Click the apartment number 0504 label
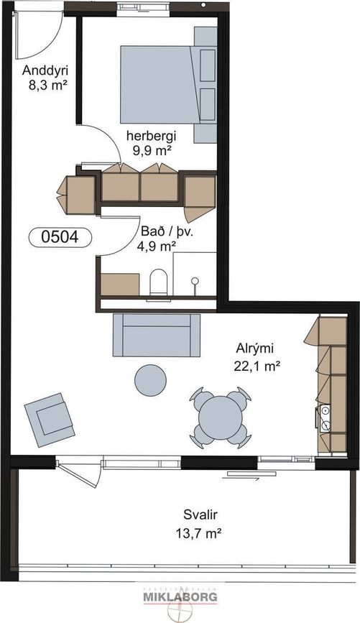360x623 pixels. pyautogui.click(x=60, y=237)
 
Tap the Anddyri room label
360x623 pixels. pyautogui.click(x=45, y=70)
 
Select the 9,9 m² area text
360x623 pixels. pyautogui.click(x=152, y=150)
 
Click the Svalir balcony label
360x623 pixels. pyautogui.click(x=200, y=515)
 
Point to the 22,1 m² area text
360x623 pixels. pyautogui.click(x=257, y=366)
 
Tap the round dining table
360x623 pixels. pyautogui.click(x=221, y=417)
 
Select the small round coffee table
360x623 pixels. pyautogui.click(x=151, y=380)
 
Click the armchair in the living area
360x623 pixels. pyautogui.click(x=50, y=420)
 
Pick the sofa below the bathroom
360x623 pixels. pyautogui.click(x=157, y=335)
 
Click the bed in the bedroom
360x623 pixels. pyautogui.click(x=168, y=85)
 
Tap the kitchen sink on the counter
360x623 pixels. pyautogui.click(x=325, y=417)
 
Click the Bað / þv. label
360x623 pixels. pyautogui.click(x=167, y=232)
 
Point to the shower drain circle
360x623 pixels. pyautogui.click(x=195, y=281)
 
